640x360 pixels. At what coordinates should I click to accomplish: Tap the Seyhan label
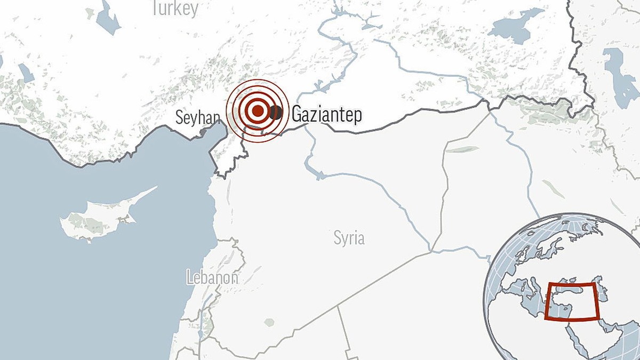[198, 117]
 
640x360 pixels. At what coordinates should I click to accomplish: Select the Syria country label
[349, 237]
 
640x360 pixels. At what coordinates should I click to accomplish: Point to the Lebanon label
[212, 277]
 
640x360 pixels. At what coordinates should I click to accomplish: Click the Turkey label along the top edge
[174, 8]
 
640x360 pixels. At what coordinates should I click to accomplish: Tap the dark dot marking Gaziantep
[276, 112]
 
